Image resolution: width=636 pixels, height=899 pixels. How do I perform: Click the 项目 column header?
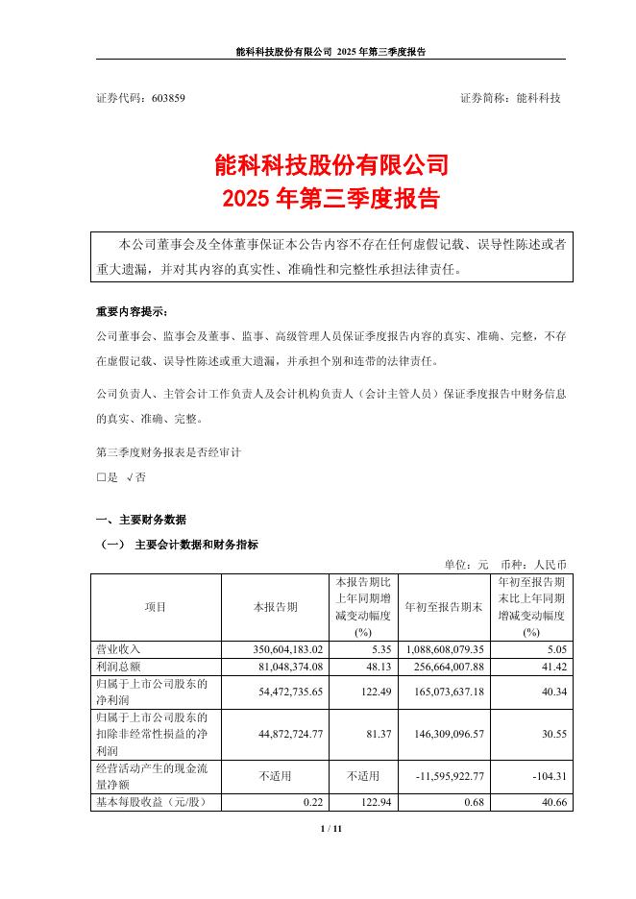[155, 607]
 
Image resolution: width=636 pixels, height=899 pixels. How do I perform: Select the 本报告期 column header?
[275, 607]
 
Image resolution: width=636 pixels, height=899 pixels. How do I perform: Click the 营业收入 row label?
[119, 649]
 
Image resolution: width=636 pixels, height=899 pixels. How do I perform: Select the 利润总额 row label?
[119, 666]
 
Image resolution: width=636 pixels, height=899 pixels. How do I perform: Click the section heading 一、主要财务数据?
[142, 520]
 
